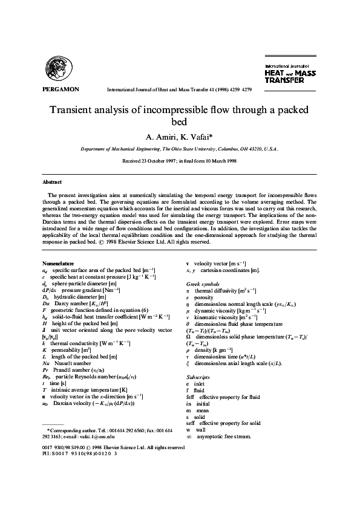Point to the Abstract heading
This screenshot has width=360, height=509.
click(52, 182)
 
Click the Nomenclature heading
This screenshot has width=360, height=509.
click(58, 264)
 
